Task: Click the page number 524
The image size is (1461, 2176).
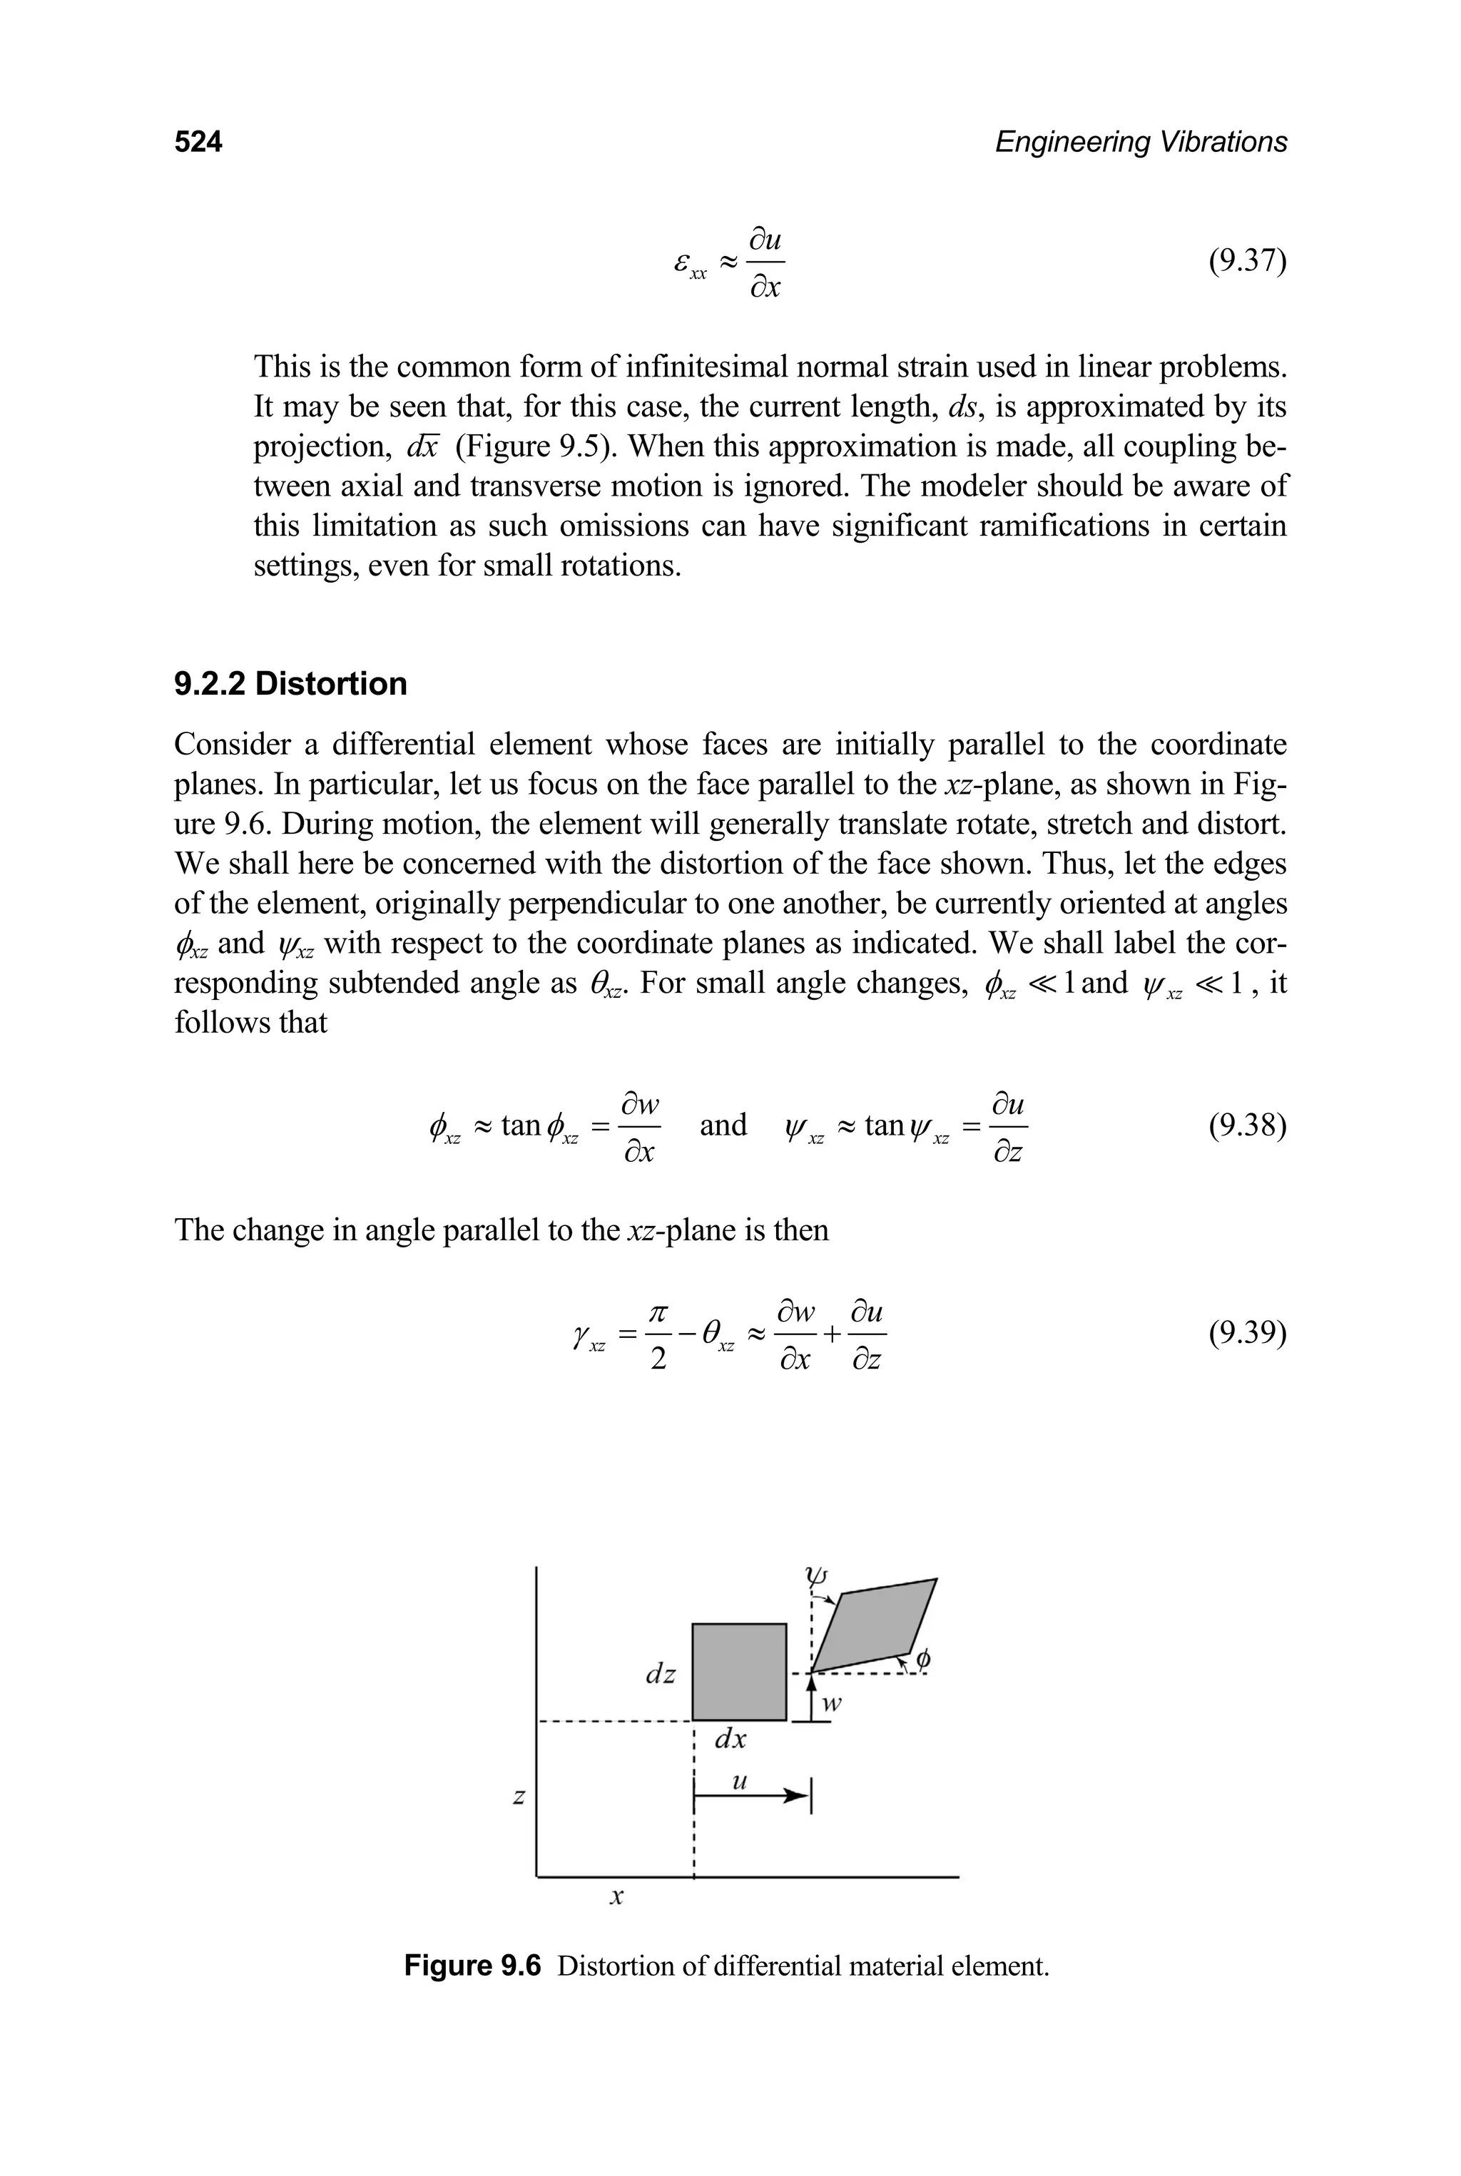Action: (198, 142)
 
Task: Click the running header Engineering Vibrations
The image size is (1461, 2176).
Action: (1141, 142)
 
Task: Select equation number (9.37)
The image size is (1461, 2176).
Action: (1247, 262)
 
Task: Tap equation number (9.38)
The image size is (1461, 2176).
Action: (1247, 1126)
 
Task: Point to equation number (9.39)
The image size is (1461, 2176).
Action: (1247, 1334)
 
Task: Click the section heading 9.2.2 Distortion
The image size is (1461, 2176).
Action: (291, 684)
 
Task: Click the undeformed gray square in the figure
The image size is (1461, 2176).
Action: (739, 1671)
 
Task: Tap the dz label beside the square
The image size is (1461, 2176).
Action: (661, 1674)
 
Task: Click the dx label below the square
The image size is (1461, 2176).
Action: (730, 1739)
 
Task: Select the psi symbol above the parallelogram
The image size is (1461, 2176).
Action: (816, 1575)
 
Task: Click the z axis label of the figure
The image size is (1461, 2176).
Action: (519, 1796)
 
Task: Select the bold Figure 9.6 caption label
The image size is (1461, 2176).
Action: (472, 1966)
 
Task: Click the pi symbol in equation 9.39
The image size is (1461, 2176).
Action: (658, 1312)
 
